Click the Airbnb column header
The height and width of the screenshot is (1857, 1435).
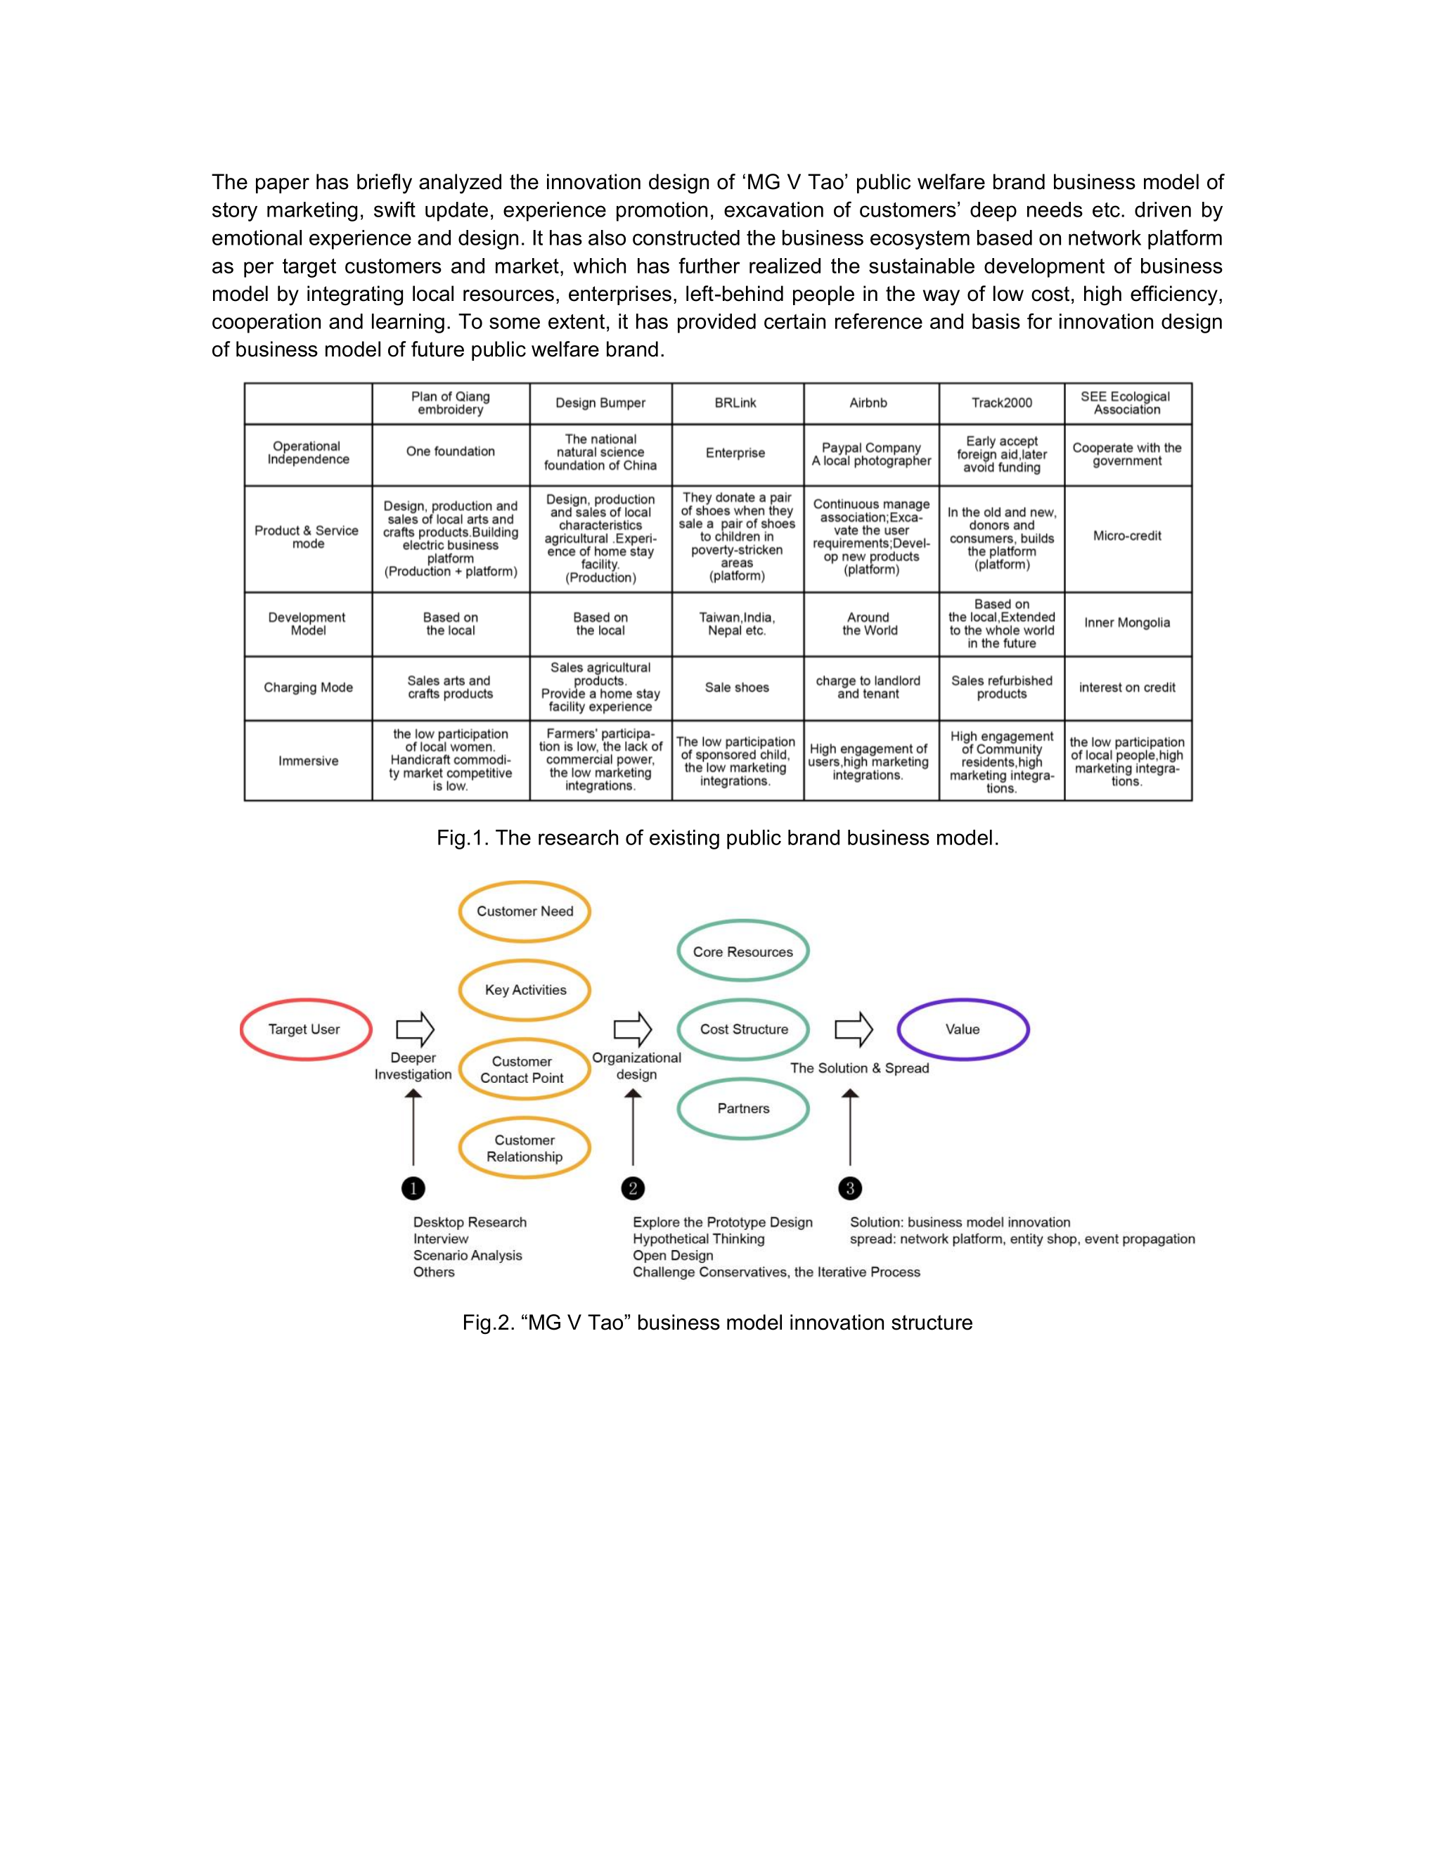click(868, 403)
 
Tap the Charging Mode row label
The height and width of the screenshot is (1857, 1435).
click(308, 687)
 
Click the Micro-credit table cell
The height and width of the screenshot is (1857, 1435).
click(1127, 536)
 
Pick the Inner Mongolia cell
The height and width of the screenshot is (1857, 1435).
click(1127, 622)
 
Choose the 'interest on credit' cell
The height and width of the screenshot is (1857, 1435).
click(1127, 687)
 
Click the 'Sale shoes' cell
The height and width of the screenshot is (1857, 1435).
click(736, 687)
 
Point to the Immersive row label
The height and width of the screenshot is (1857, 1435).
click(308, 761)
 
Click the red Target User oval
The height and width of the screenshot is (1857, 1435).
click(305, 1029)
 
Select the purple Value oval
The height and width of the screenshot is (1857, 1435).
click(963, 1029)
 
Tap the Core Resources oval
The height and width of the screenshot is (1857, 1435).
click(743, 951)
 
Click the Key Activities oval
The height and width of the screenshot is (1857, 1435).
click(525, 990)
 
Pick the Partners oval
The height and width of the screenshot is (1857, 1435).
click(743, 1108)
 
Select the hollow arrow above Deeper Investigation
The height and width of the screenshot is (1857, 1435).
click(415, 1029)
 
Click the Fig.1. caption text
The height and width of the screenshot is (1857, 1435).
click(717, 837)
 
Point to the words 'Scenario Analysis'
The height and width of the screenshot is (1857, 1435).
click(468, 1255)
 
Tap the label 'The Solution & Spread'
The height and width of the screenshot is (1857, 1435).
click(859, 1068)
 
